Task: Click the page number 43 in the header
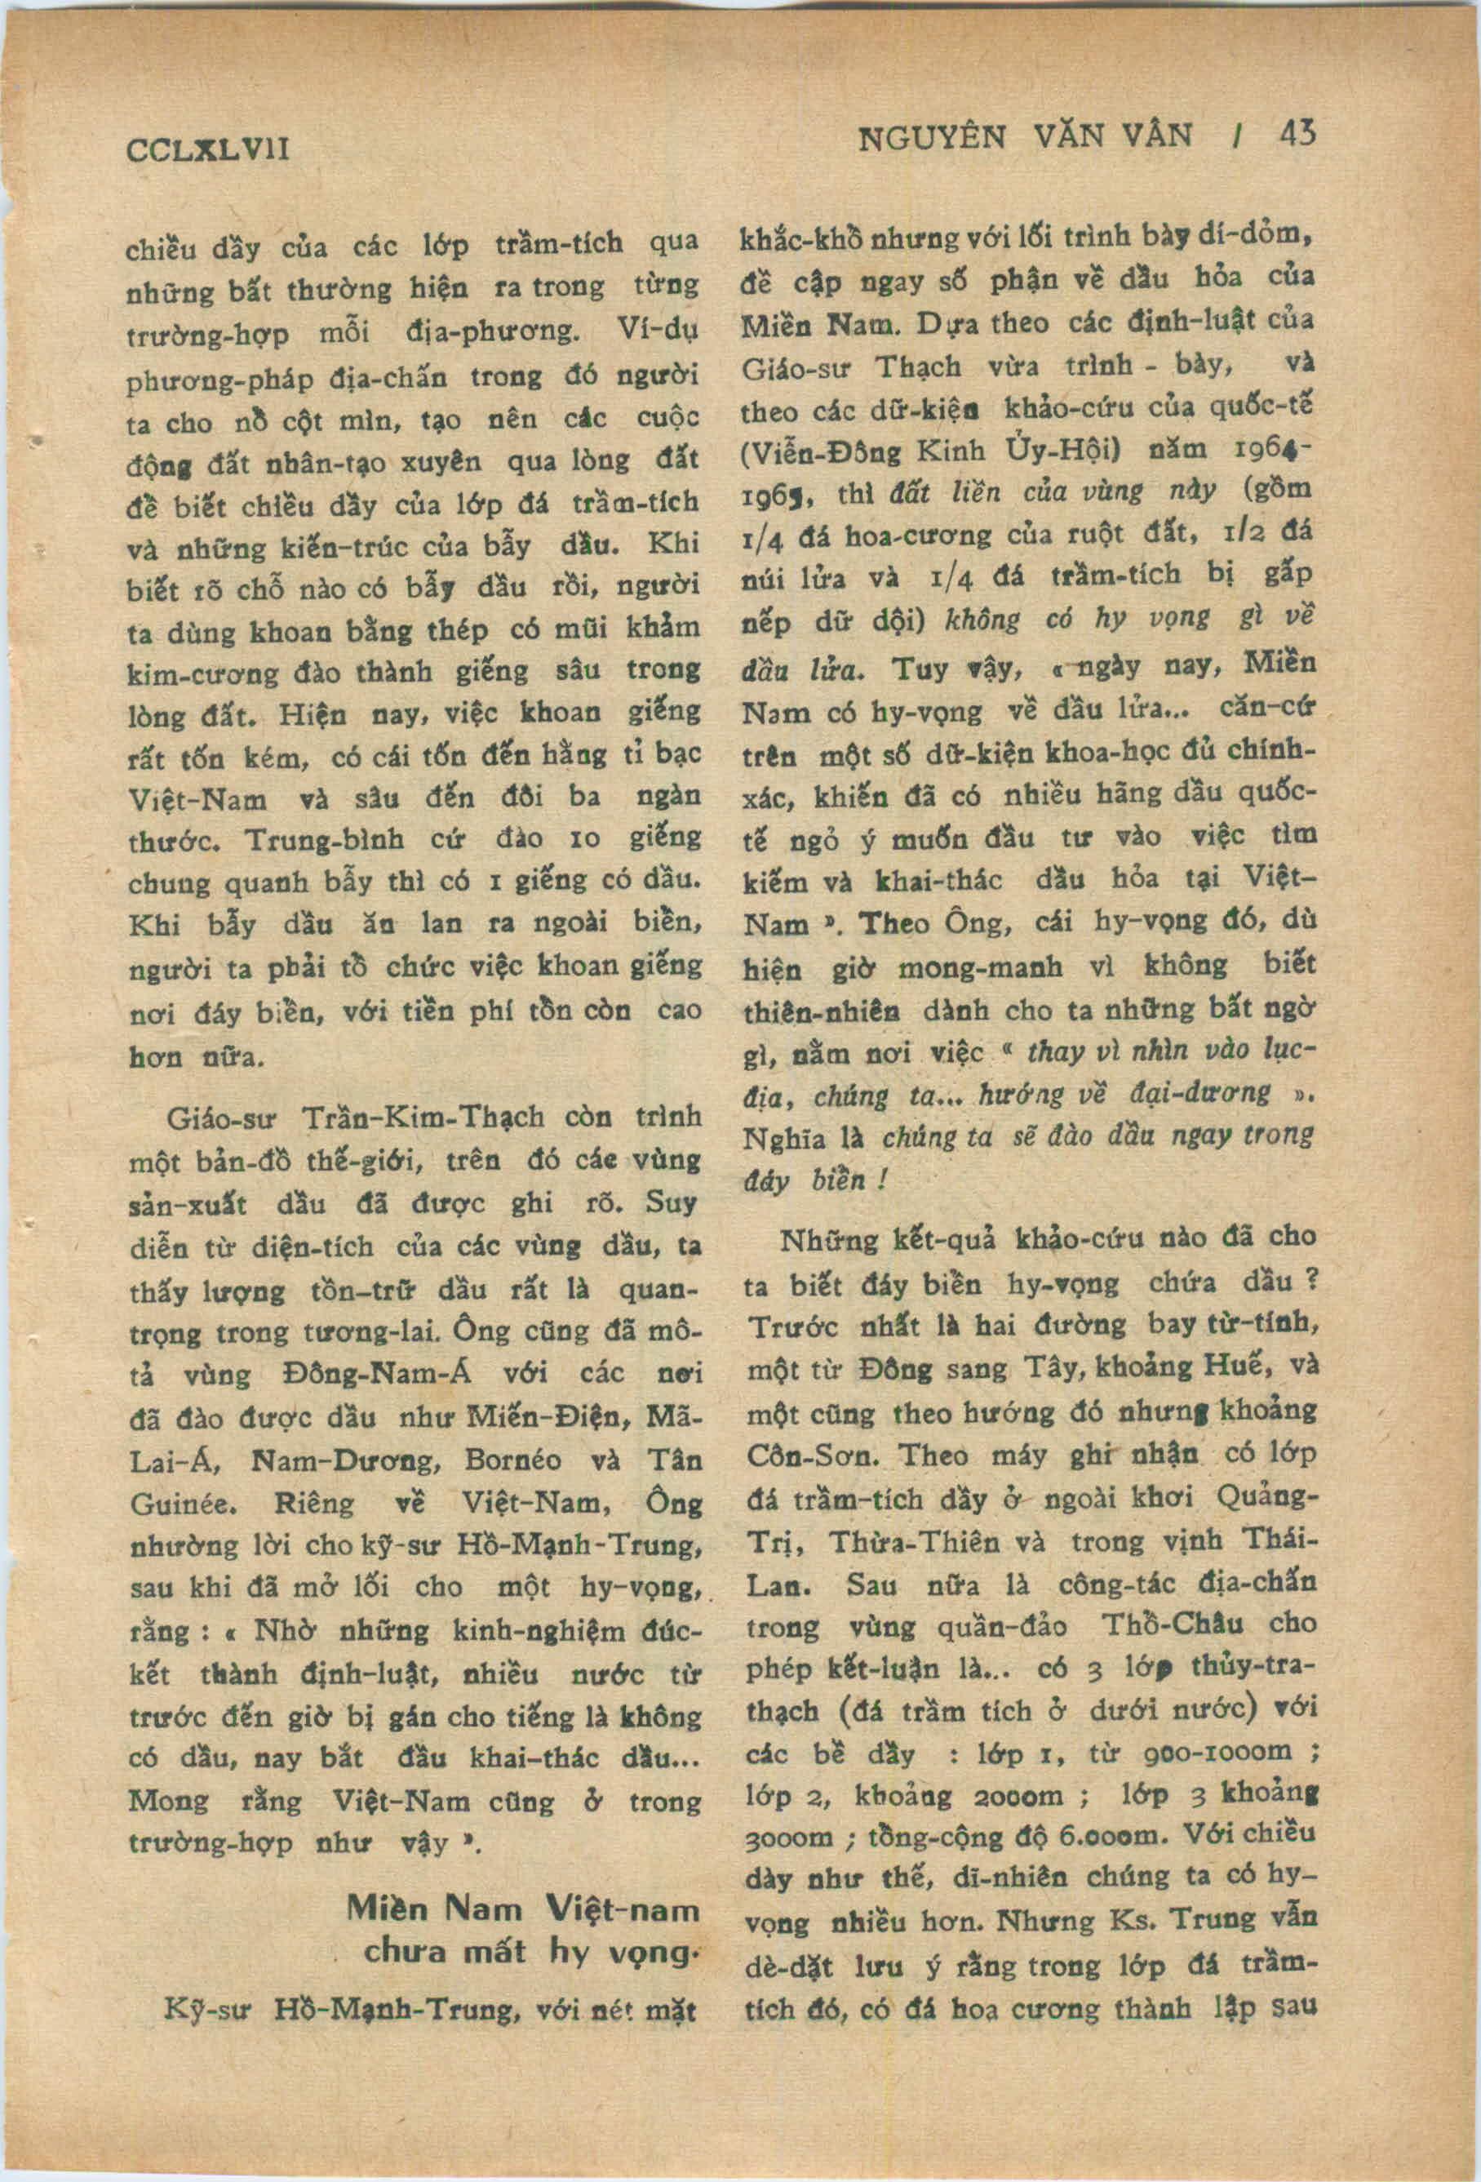point(1297,134)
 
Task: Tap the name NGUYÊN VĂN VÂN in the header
point(1025,138)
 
